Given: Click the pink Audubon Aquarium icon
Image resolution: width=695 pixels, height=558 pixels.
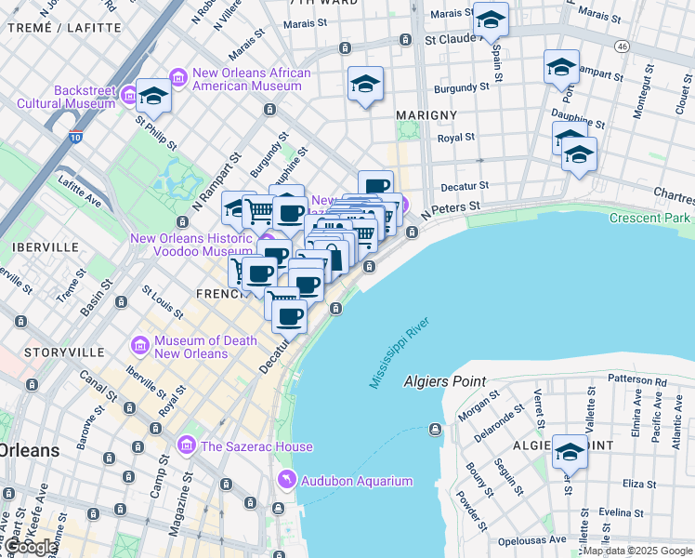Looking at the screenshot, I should [x=288, y=480].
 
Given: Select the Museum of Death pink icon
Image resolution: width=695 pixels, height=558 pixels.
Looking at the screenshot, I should [x=141, y=346].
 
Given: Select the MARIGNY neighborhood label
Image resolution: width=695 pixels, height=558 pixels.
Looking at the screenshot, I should [x=426, y=114].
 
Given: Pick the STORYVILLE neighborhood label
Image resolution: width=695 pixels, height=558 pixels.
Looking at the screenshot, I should [x=63, y=353].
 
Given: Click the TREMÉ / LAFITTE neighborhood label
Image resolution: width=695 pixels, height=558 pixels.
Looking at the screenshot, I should [x=64, y=28].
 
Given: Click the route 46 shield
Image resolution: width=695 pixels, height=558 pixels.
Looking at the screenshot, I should [x=621, y=46].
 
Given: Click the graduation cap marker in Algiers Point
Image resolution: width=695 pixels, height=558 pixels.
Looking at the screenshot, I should [x=570, y=452].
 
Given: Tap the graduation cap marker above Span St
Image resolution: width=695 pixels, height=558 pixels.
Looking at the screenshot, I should [x=490, y=19].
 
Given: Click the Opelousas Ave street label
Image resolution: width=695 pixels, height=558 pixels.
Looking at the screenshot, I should [x=531, y=539].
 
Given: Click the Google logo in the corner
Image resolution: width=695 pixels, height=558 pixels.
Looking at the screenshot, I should [x=30, y=547].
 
